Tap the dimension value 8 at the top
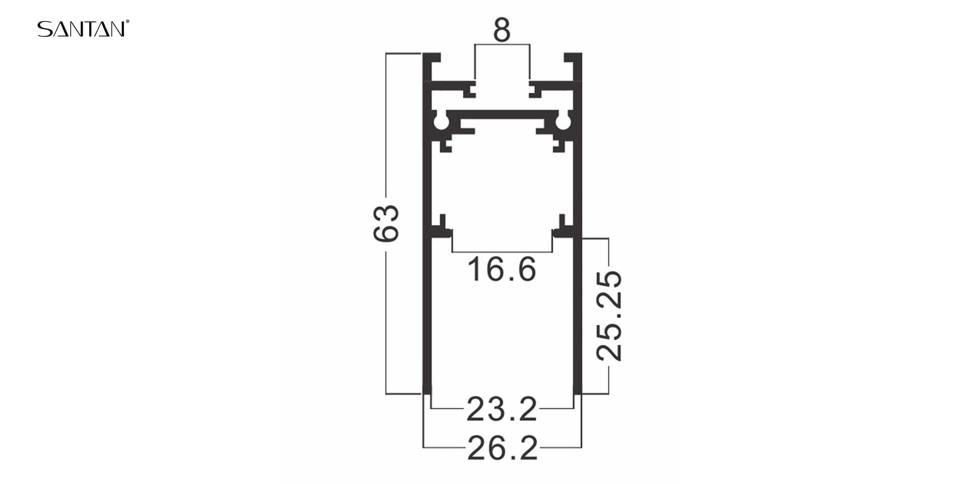click(x=502, y=30)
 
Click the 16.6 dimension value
click(x=502, y=269)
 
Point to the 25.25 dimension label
click(x=609, y=316)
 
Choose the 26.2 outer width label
click(x=502, y=448)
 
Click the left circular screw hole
click(x=442, y=123)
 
